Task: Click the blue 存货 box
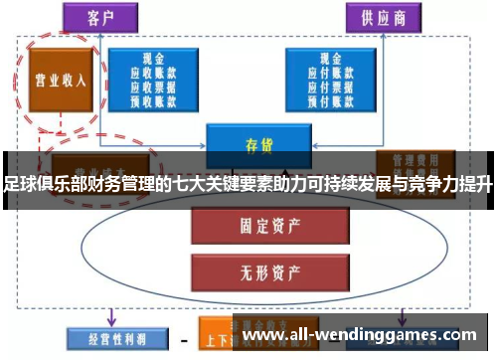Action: pos(251,145)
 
